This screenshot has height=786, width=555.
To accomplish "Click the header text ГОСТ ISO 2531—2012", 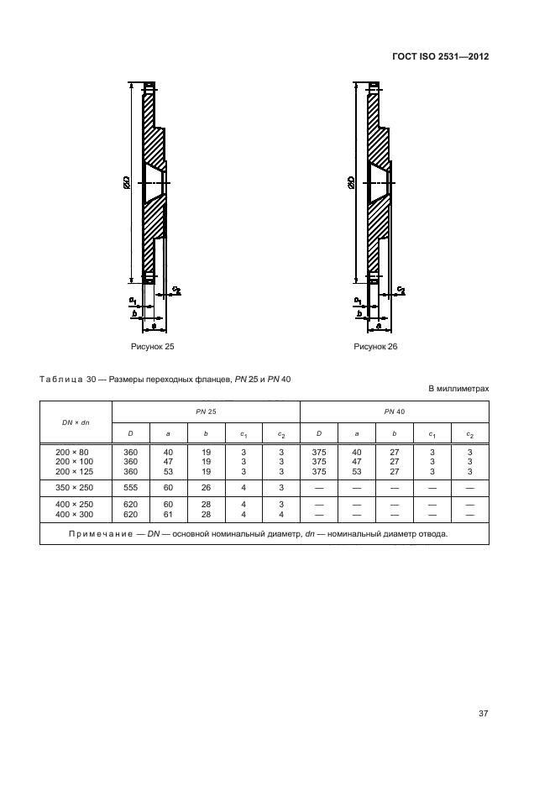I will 440,57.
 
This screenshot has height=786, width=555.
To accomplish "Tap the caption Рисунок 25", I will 152,346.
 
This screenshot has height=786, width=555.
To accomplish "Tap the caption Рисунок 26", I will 375,346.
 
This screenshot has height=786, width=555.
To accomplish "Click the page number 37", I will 483,714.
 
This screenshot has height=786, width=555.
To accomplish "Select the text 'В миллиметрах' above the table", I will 458,389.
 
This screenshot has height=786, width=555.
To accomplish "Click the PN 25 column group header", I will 206,411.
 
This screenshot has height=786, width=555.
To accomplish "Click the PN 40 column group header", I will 395,411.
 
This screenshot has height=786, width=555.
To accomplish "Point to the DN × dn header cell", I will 76,422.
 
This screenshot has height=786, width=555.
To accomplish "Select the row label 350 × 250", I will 76,487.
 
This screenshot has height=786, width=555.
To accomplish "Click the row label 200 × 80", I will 74,452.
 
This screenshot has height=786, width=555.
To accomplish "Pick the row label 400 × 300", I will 76,514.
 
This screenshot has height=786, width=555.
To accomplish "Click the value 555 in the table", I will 131,487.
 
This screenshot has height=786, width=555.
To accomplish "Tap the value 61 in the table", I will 168,514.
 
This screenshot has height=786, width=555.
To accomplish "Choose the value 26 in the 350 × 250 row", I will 206,487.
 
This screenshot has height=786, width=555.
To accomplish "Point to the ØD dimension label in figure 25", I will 125,181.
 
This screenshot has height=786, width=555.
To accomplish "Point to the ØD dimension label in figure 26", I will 349,181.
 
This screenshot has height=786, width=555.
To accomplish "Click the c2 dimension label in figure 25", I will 176,290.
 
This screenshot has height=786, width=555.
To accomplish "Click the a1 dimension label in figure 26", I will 358,300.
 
